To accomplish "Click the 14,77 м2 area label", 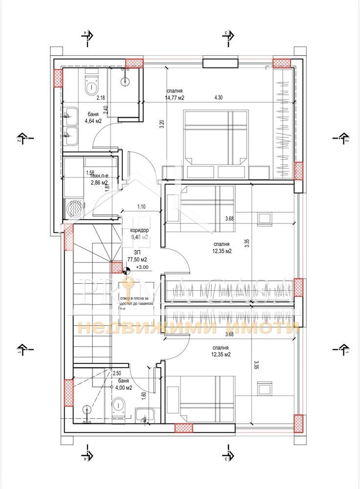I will tap(175, 97).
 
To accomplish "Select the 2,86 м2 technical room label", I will tap(99, 183).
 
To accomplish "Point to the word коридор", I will tap(139, 230).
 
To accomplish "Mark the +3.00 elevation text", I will tap(142, 267).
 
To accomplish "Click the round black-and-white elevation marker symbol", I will tap(127, 268).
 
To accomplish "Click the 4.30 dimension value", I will tap(218, 97).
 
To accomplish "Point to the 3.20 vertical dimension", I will tap(161, 124).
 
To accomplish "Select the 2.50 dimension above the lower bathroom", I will tap(117, 373).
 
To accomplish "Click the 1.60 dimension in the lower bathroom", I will tap(143, 396).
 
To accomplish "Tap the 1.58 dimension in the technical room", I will tap(90, 173).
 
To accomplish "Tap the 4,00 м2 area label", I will tap(122, 387).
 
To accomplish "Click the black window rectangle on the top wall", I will tap(214, 63).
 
